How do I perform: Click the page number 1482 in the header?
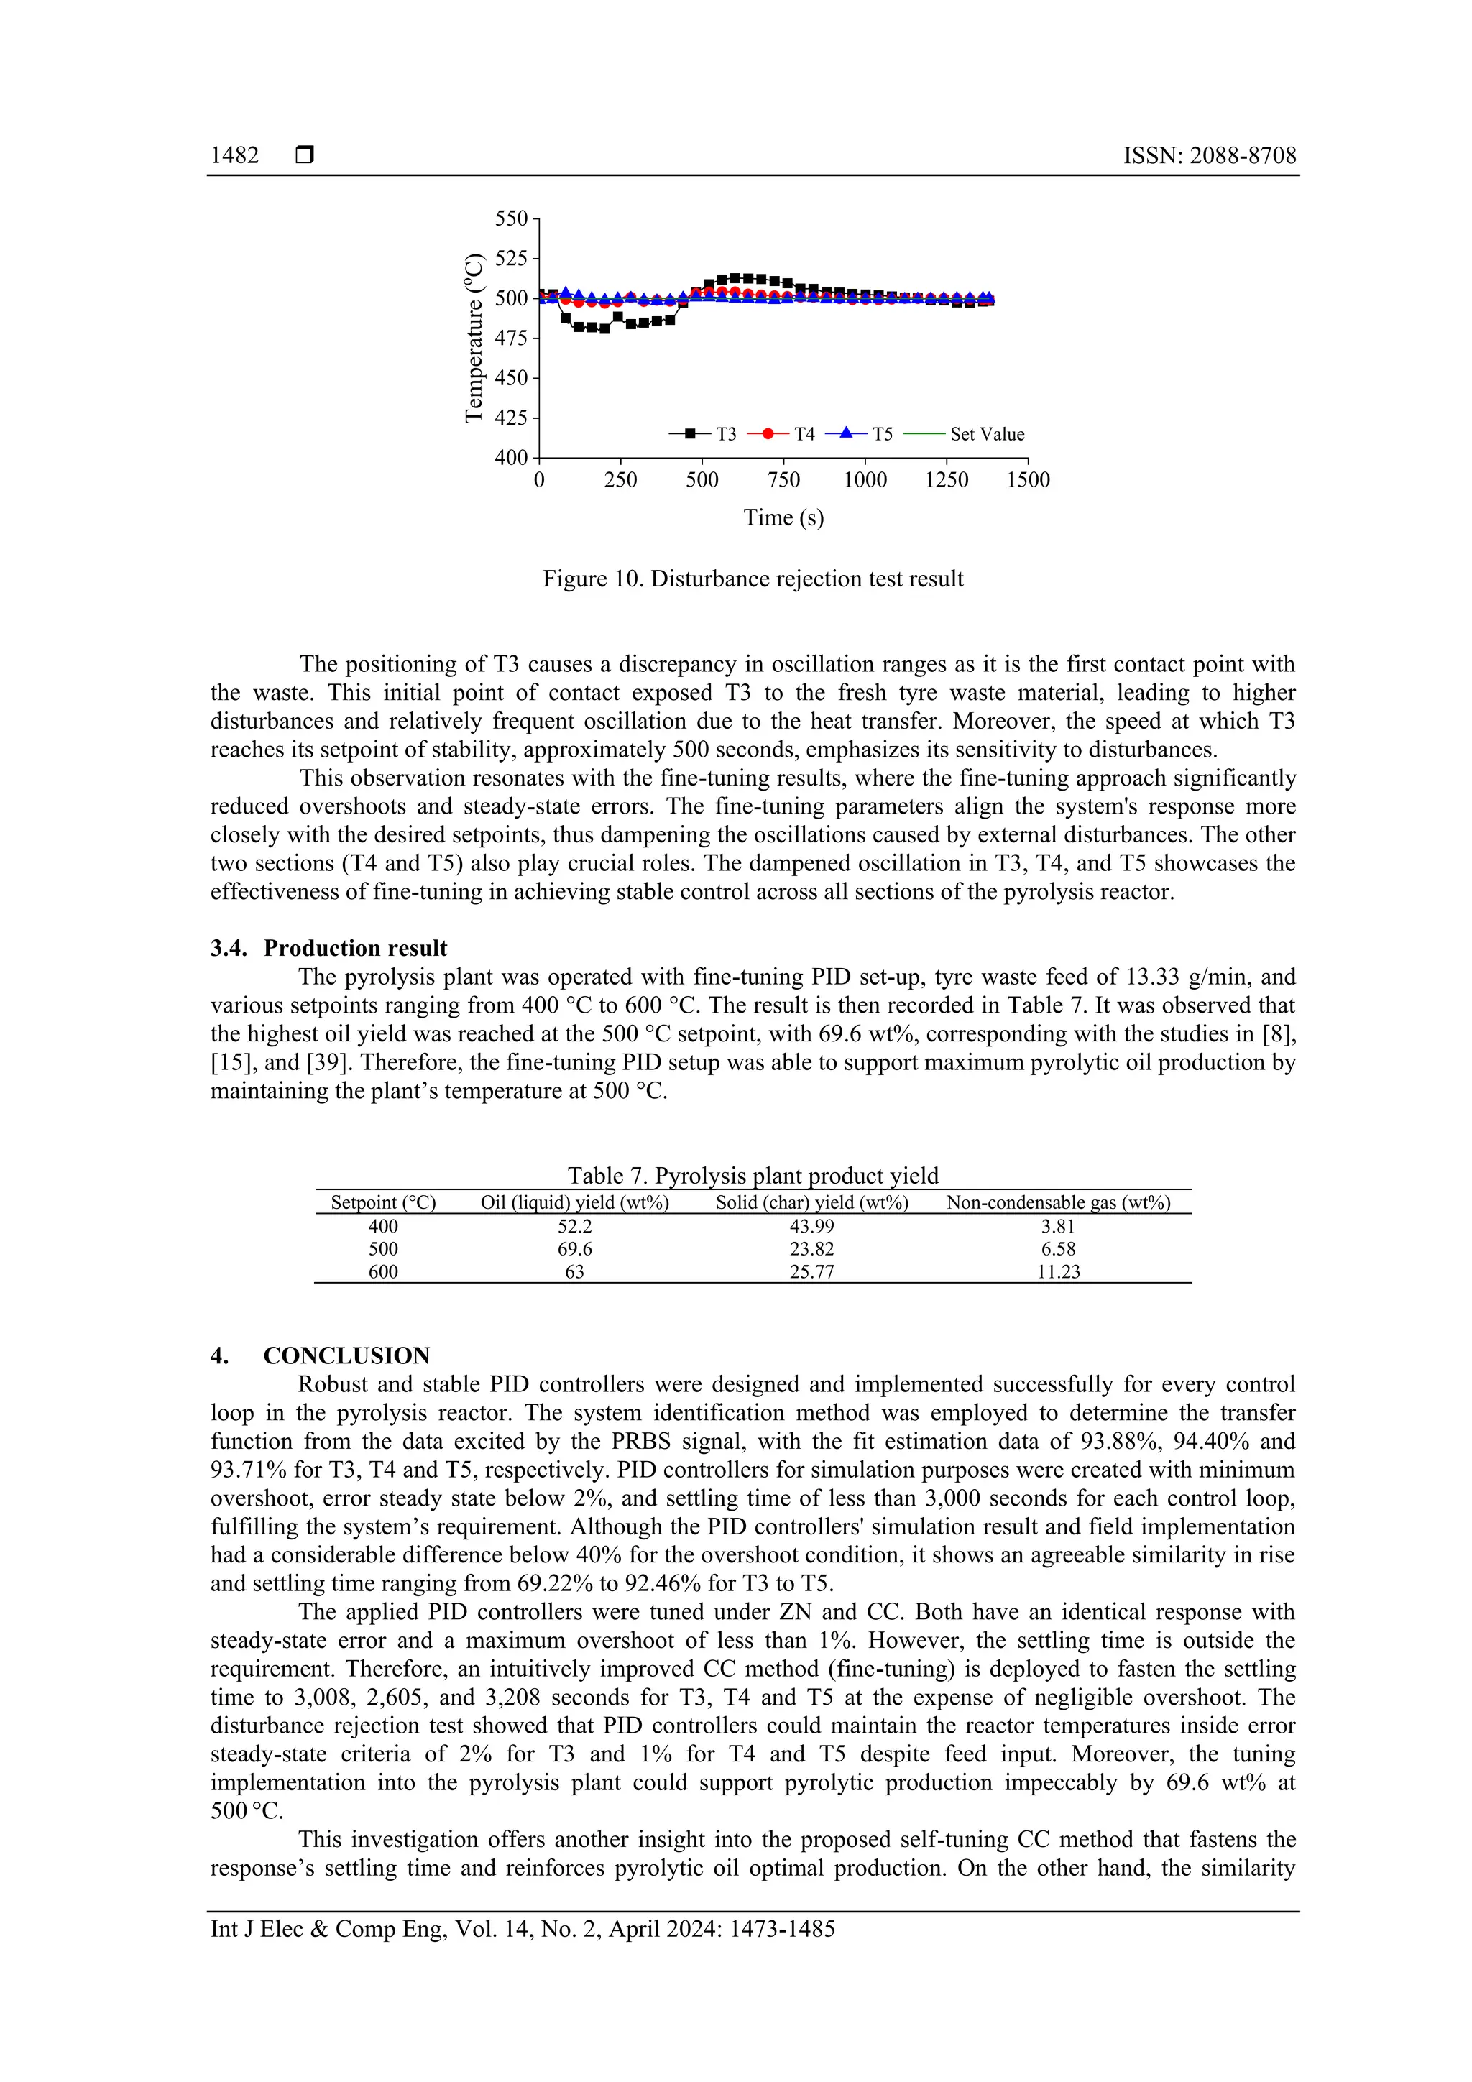pyautogui.click(x=234, y=155)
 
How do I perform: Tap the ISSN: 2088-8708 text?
pyautogui.click(x=1209, y=155)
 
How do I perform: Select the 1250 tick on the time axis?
pyautogui.click(x=946, y=479)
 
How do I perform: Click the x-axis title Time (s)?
pyautogui.click(x=783, y=517)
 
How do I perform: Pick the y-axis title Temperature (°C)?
pyautogui.click(x=474, y=338)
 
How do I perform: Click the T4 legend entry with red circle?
pyautogui.click(x=782, y=434)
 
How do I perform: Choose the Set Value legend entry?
pyautogui.click(x=965, y=434)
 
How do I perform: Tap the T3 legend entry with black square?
pyautogui.click(x=704, y=434)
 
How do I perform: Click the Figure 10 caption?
pyautogui.click(x=753, y=579)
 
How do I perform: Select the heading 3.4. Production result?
pyautogui.click(x=329, y=948)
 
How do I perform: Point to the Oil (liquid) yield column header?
pyautogui.click(x=574, y=1202)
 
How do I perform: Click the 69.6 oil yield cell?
pyautogui.click(x=574, y=1248)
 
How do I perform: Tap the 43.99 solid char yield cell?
pyautogui.click(x=811, y=1226)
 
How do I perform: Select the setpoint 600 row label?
pyautogui.click(x=383, y=1271)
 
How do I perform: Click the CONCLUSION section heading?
pyautogui.click(x=346, y=1355)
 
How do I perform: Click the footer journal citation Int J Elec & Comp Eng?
pyautogui.click(x=523, y=1929)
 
